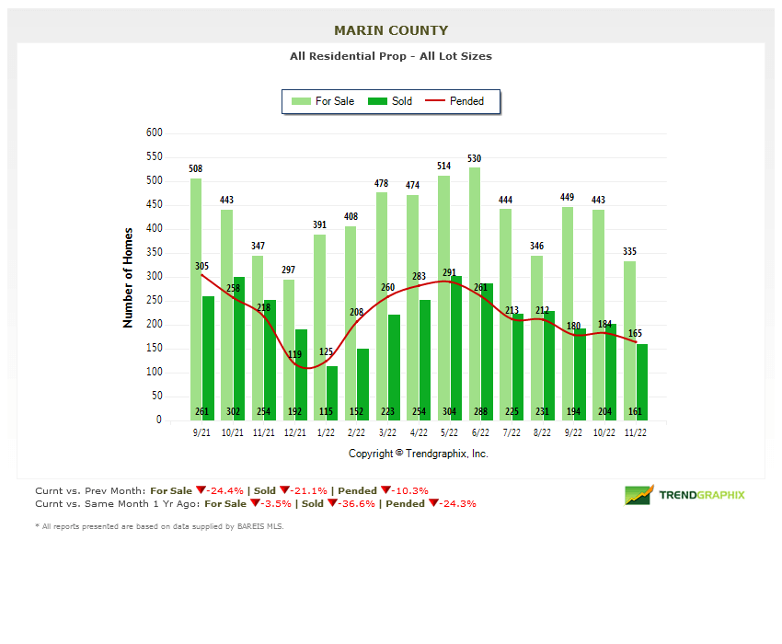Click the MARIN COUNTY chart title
click(x=391, y=30)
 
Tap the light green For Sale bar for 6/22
click(x=475, y=294)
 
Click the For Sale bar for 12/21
click(x=288, y=350)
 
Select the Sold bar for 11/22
click(x=642, y=377)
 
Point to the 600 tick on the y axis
click(x=154, y=133)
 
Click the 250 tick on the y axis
click(x=154, y=301)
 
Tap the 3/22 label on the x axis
click(x=387, y=432)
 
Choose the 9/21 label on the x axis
click(x=201, y=432)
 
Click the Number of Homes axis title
click(x=129, y=278)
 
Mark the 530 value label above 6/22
click(x=475, y=159)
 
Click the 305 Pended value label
click(x=202, y=266)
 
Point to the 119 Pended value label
click(x=295, y=354)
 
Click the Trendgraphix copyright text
click(x=419, y=454)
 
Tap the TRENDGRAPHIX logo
click(x=685, y=495)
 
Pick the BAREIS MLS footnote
click(x=159, y=526)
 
